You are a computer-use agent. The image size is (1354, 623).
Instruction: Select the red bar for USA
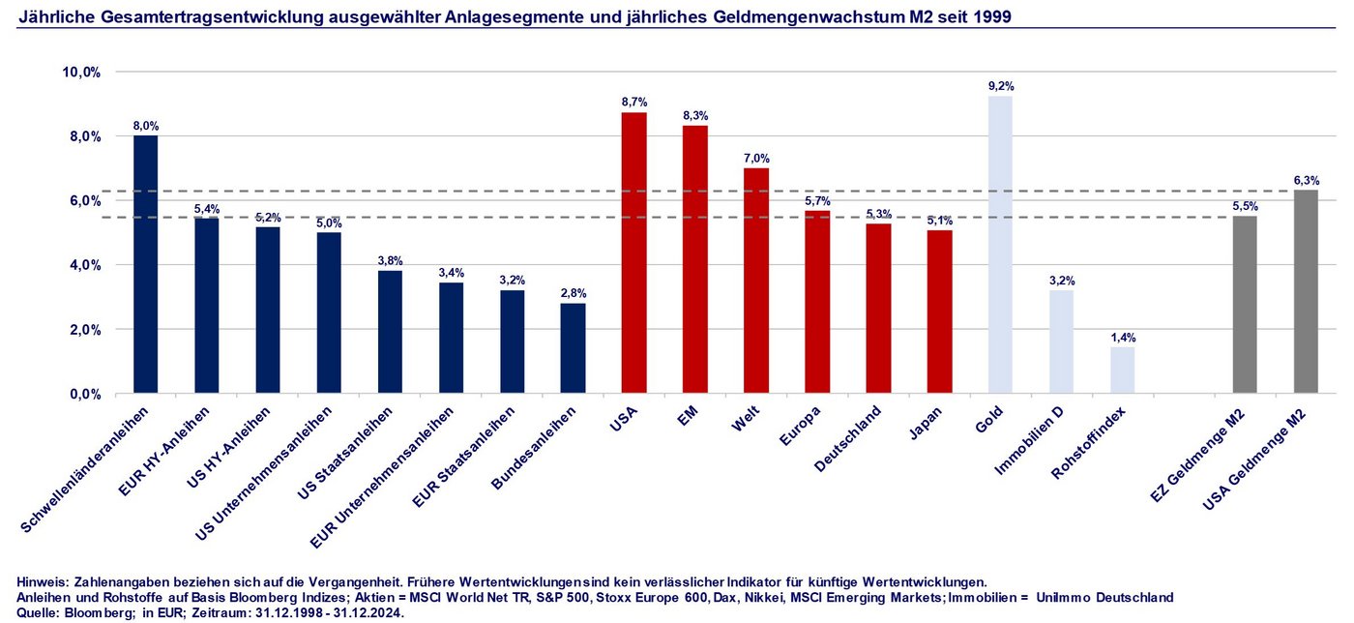click(633, 253)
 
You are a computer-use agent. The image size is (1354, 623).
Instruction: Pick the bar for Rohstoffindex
click(1122, 371)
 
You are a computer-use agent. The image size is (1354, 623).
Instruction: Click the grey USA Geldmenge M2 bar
click(1306, 291)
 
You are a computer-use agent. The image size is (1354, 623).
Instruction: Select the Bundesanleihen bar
click(573, 348)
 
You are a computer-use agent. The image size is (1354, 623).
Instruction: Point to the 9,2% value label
click(1001, 86)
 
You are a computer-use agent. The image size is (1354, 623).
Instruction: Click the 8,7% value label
click(634, 102)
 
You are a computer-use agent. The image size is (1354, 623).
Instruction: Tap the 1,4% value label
click(1123, 338)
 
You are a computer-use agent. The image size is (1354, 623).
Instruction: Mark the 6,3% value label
click(1306, 180)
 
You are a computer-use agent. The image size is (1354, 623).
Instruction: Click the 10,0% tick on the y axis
click(81, 73)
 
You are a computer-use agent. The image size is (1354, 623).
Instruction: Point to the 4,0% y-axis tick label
click(84, 265)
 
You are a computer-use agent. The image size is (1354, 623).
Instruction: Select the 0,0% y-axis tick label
click(84, 394)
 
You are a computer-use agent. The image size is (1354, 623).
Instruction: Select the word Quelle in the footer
click(38, 612)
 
